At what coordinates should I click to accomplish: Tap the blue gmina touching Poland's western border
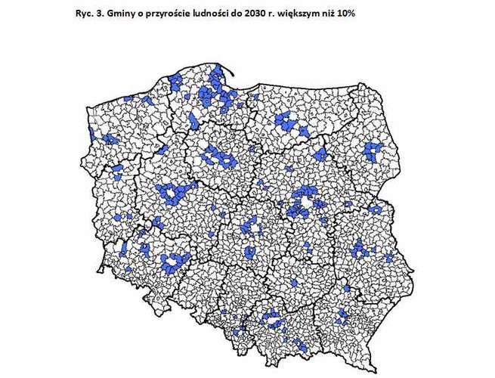point(91,135)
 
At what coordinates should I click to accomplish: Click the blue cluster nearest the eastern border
point(376,209)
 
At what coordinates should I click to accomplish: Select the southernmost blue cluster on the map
point(302,345)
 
